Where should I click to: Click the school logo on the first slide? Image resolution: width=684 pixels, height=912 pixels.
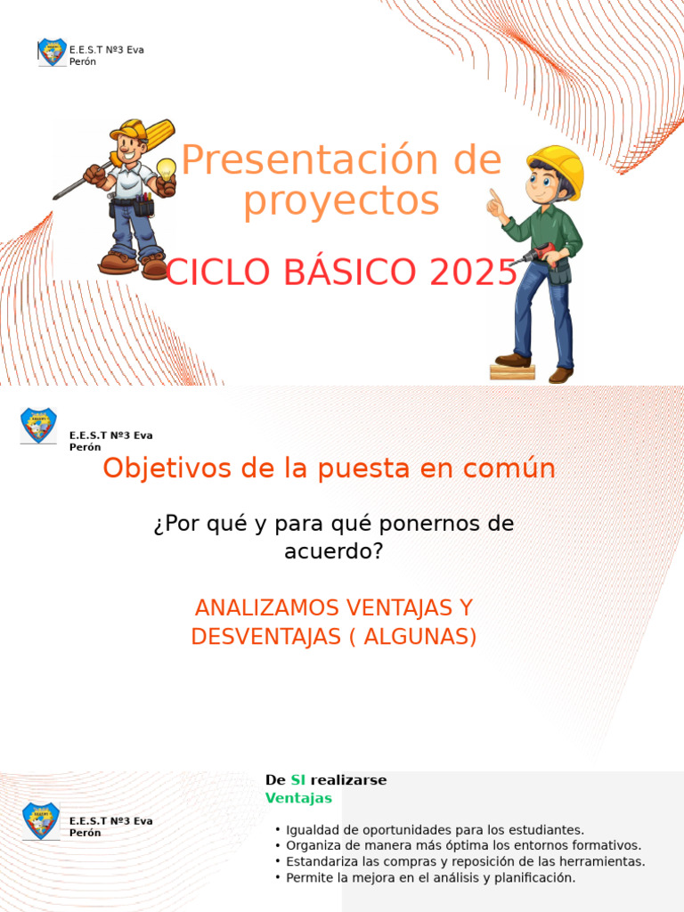point(52,53)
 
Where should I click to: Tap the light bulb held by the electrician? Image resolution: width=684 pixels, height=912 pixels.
point(166,169)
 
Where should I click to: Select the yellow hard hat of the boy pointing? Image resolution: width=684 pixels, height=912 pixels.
point(558,167)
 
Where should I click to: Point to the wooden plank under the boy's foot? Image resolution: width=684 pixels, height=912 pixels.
point(512,371)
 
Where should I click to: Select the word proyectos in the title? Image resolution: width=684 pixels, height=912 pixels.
point(341,201)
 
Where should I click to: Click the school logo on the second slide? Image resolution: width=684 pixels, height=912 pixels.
point(38,425)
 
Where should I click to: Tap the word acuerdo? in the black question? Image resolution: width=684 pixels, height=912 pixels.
point(333,551)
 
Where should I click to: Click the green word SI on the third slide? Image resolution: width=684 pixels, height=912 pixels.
point(297,780)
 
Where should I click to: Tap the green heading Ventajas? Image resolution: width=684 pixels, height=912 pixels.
point(298,798)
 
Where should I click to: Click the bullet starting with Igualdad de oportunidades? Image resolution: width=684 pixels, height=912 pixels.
point(435,830)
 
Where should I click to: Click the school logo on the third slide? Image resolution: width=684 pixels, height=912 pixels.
point(40,820)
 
